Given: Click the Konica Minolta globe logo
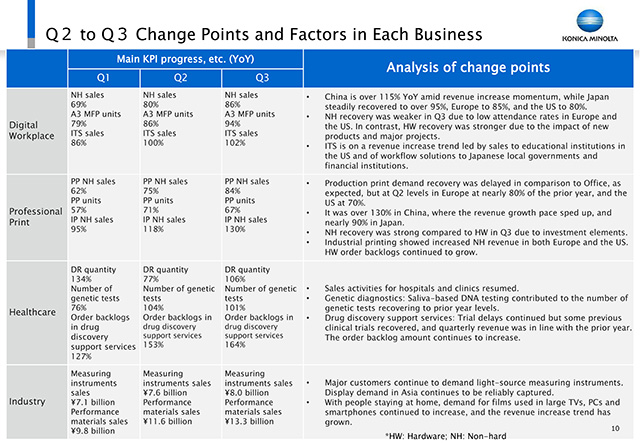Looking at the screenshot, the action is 590,21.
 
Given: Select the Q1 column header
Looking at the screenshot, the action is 103,78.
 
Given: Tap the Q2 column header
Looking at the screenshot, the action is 180,78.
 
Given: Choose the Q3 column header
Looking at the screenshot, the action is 262,78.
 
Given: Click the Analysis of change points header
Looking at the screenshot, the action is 468,67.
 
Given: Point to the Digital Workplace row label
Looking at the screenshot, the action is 31,130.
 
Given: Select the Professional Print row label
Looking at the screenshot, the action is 36,217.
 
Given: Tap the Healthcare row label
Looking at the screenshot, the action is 32,312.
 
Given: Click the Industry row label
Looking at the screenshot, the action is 27,401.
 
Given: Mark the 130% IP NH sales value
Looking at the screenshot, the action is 235,229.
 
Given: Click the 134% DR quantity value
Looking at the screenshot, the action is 81,279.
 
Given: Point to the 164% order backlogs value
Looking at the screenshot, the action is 235,344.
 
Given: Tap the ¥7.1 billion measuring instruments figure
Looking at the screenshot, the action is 93,402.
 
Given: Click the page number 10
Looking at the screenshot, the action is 615,428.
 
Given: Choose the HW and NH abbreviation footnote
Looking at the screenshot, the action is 445,436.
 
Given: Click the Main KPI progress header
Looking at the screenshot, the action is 185,59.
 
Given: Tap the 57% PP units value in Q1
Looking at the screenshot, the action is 78,210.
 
